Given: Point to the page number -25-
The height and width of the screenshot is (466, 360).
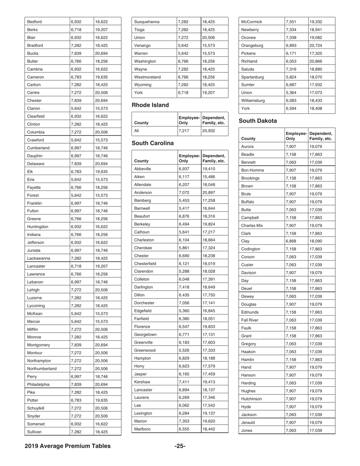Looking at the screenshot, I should (x=180, y=446).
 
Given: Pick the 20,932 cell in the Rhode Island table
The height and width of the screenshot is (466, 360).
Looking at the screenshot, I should (x=208, y=130).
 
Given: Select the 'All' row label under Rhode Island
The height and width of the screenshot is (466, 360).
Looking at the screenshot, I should (x=137, y=130).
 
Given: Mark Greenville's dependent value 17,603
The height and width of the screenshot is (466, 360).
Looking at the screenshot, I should (x=208, y=342).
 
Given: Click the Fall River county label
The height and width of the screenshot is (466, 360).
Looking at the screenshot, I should (x=252, y=320).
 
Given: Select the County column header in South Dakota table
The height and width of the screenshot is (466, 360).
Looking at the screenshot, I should (x=248, y=139).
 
